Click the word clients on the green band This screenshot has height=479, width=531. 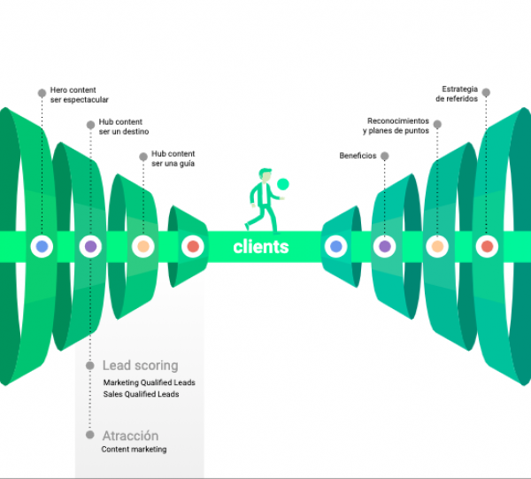(x=261, y=247)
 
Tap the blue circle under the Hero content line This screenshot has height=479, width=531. (x=40, y=247)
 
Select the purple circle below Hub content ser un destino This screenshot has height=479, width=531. (x=90, y=247)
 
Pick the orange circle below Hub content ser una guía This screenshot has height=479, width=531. (x=142, y=247)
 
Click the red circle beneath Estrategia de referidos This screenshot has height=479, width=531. (x=486, y=247)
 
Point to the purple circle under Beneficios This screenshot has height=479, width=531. (x=384, y=247)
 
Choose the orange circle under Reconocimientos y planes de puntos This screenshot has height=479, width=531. (x=435, y=247)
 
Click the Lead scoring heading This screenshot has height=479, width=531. (x=140, y=365)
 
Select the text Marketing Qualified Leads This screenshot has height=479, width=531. (x=149, y=382)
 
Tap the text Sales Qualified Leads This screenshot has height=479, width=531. (x=141, y=394)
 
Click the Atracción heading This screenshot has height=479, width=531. (x=130, y=436)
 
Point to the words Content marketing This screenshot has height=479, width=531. (x=134, y=450)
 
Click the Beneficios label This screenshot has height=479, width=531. (x=358, y=156)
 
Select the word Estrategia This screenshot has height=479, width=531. (x=460, y=89)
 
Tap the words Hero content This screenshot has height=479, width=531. (x=74, y=89)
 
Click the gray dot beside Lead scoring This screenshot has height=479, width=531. (x=90, y=365)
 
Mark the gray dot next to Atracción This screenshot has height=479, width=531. (x=90, y=435)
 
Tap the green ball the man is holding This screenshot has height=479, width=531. (x=283, y=184)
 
